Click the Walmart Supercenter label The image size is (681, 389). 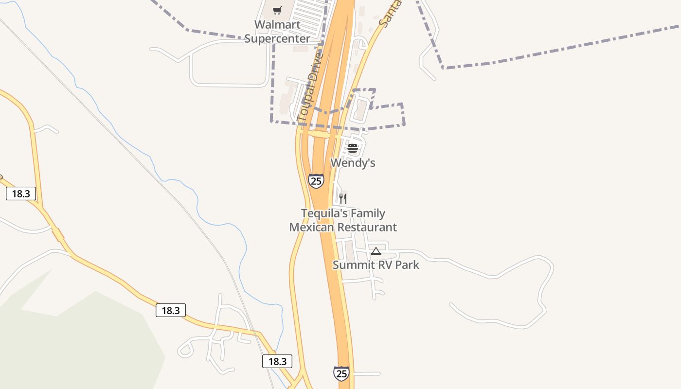click(x=277, y=32)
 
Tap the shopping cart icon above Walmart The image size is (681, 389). click(x=277, y=10)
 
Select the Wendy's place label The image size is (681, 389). click(x=353, y=163)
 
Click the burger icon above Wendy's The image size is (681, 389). click(x=353, y=148)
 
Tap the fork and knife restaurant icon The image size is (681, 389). click(x=343, y=198)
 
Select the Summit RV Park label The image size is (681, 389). click(x=376, y=265)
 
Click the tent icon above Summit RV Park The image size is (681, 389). click(x=376, y=251)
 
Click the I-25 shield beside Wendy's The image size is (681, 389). click(x=316, y=181)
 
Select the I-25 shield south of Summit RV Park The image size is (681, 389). click(x=341, y=373)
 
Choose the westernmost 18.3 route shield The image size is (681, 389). click(x=21, y=194)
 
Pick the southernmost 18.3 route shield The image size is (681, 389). click(x=277, y=361)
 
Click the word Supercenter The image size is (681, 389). click(x=277, y=38)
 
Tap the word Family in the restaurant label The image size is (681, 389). click(x=365, y=213)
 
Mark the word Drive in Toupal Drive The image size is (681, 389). click(x=315, y=67)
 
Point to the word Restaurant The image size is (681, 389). click(x=367, y=227)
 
